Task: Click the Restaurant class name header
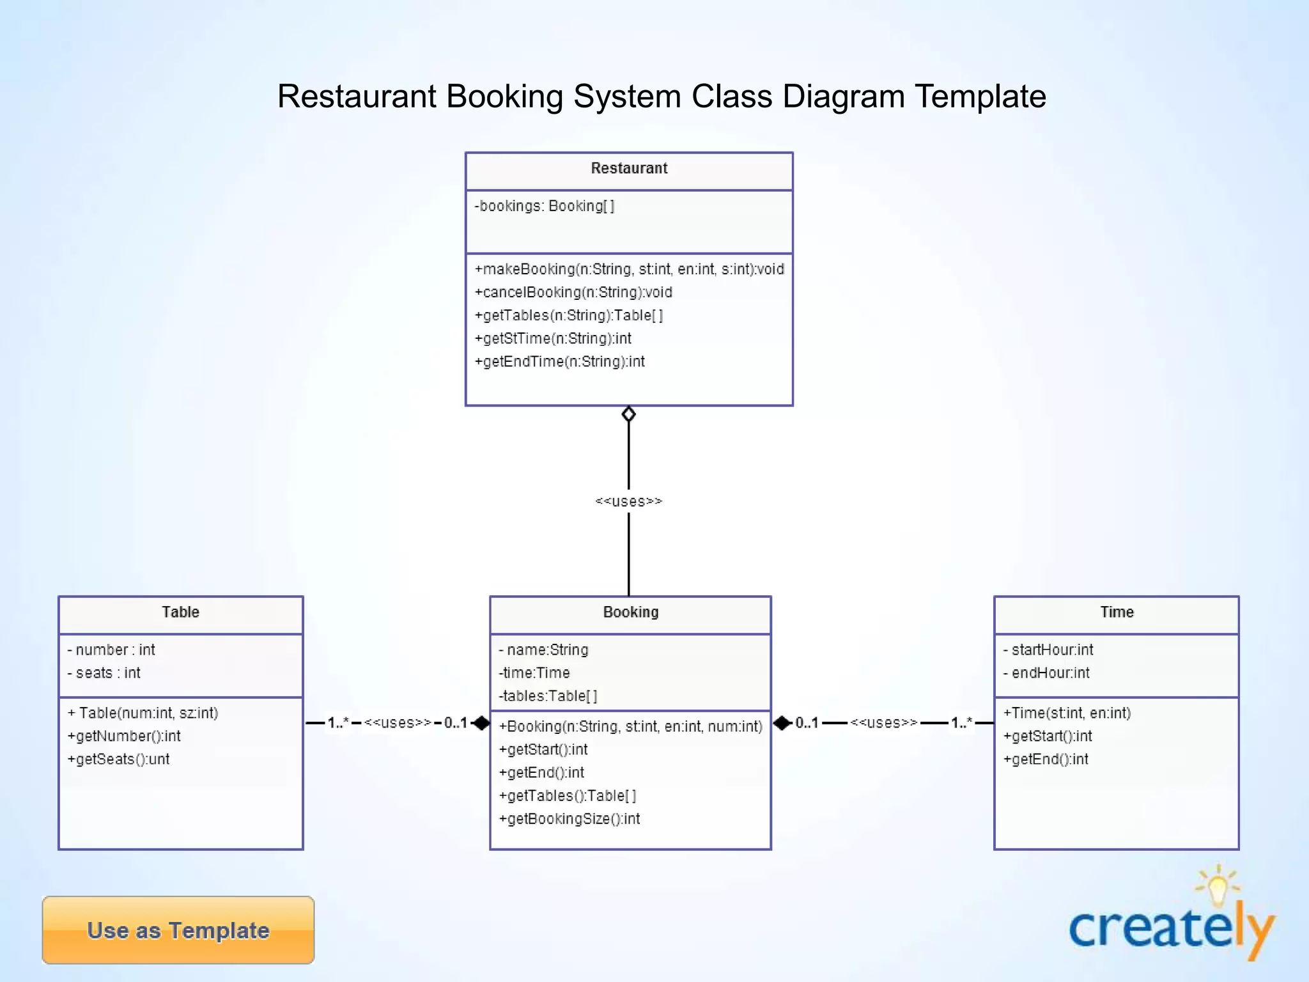point(629,169)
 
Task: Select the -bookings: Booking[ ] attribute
point(545,206)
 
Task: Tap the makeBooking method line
point(629,269)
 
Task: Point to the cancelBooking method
point(573,292)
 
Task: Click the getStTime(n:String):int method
point(553,338)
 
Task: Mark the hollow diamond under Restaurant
point(629,414)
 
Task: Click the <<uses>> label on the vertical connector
point(629,501)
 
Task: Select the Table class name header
point(180,612)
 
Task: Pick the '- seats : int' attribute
point(104,673)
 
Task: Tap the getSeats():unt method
point(119,759)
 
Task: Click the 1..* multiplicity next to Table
point(338,723)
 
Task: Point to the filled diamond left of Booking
point(481,723)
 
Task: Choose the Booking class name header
point(630,612)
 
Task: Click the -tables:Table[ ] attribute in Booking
point(548,696)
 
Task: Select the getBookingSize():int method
point(569,818)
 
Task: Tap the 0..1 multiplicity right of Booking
point(807,723)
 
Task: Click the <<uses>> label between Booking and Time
point(883,723)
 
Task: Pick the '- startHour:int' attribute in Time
point(1048,650)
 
